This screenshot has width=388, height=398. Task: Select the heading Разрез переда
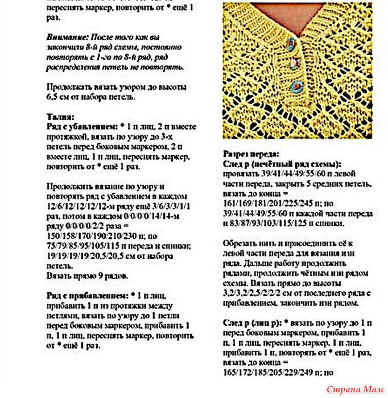point(250,154)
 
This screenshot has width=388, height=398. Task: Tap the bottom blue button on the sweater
point(295,86)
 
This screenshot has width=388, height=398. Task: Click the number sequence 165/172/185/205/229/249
point(266,373)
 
